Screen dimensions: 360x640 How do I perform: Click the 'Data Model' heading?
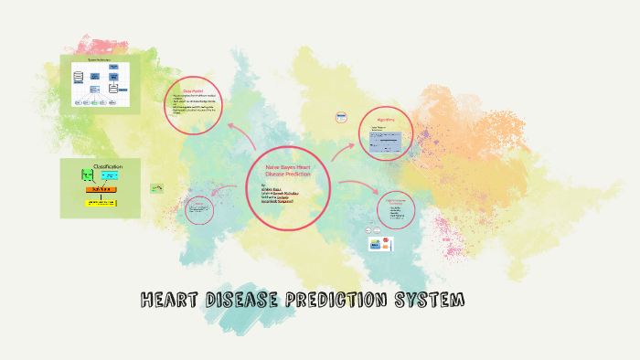tap(194, 90)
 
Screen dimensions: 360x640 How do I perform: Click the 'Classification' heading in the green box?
tap(101, 165)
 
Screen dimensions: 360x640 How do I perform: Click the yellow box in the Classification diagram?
tap(101, 202)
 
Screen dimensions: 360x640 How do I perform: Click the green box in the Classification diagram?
tap(88, 175)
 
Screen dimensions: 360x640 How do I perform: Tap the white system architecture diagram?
tap(101, 84)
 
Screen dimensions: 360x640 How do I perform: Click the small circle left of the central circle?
tap(199, 209)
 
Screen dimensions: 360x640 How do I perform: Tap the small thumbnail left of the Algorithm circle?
tap(341, 117)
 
